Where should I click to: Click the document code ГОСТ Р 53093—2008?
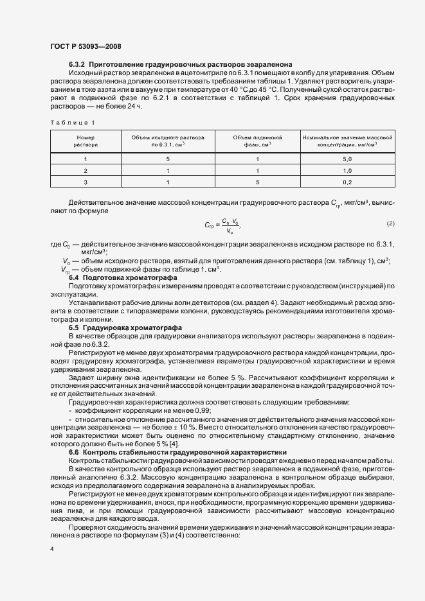[x=85, y=46]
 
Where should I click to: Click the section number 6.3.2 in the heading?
[x=77, y=65]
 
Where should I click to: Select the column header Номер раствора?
[x=86, y=141]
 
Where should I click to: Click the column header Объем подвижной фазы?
[x=257, y=141]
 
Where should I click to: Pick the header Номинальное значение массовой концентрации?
[x=347, y=141]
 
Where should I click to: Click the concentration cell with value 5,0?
[x=347, y=159]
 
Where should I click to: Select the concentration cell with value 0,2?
[x=347, y=182]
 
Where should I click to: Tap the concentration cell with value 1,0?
[x=347, y=171]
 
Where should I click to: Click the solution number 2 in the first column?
[x=86, y=171]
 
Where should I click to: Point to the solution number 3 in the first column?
[x=86, y=182]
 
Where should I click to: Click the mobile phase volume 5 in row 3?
[x=257, y=182]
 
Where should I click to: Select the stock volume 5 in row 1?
[x=168, y=159]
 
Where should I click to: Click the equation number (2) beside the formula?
[x=390, y=223]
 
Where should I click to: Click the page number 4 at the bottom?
[x=51, y=550]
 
